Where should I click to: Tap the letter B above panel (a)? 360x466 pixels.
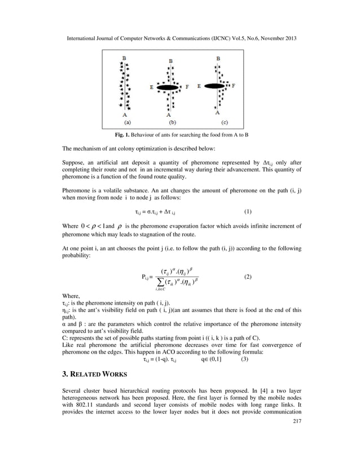(x=124, y=58)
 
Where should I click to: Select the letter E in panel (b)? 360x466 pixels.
(x=151, y=88)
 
